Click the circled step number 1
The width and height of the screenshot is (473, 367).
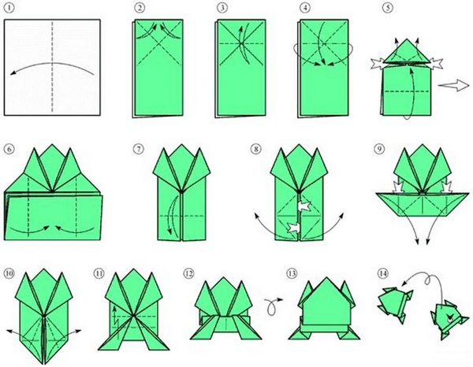coord(9,8)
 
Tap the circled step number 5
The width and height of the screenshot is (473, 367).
coord(388,8)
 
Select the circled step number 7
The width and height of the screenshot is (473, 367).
coord(138,149)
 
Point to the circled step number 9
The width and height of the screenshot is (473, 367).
coord(379,149)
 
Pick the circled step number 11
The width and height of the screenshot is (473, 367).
coord(99,273)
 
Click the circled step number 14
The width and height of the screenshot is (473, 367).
coord(382,273)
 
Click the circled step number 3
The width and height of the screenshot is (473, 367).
coord(222,8)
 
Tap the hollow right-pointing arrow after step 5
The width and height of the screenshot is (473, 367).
coord(449,85)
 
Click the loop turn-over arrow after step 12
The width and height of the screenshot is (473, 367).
coord(274,306)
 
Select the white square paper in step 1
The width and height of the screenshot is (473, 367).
coord(52,67)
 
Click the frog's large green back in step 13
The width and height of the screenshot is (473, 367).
coord(325,304)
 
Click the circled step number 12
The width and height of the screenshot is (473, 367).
coord(188,273)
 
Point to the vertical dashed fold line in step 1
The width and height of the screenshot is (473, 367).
coord(52,67)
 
